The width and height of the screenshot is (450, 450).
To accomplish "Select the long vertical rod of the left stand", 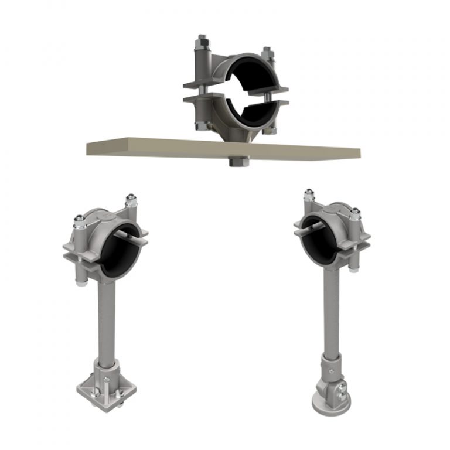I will tap(110, 316).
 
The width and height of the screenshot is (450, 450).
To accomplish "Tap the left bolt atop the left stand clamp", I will tap(78, 221).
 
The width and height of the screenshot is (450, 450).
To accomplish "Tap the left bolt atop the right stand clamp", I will tap(308, 195).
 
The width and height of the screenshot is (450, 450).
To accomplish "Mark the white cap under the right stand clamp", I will tap(354, 268).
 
